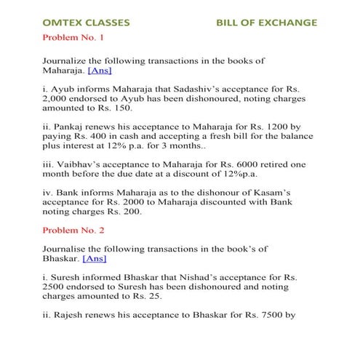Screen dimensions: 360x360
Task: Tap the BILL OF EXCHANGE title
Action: click(x=266, y=23)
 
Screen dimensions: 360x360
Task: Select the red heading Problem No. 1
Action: click(x=75, y=37)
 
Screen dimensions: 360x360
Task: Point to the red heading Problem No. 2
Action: click(x=75, y=230)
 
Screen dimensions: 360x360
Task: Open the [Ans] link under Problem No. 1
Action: click(x=100, y=71)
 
